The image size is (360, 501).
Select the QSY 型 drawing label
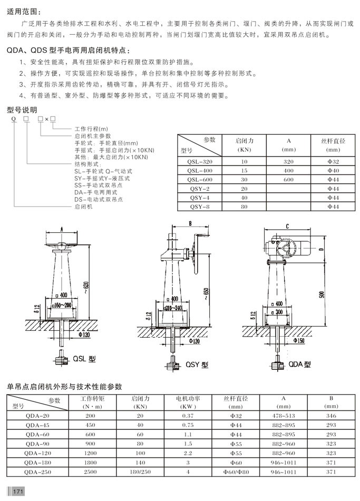[x=197, y=364]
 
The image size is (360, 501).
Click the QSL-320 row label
[x=200, y=162]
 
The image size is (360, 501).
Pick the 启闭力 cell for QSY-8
[x=244, y=207]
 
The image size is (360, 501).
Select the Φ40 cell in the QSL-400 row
[x=333, y=171]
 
